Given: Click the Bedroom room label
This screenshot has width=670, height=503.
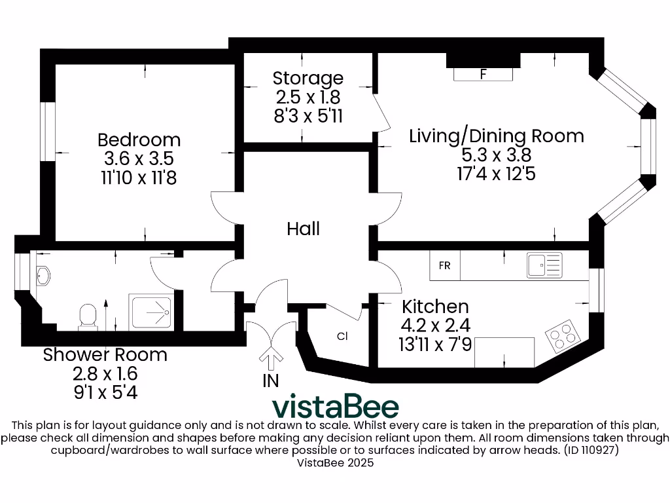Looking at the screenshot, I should [139, 140].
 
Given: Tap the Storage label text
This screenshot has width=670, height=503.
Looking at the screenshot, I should [308, 78].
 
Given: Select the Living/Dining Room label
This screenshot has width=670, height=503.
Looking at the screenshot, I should [496, 136].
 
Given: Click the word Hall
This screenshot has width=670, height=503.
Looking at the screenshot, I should [303, 229].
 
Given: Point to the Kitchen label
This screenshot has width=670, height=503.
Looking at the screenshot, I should [435, 307].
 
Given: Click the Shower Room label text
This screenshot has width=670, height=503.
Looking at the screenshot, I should [105, 355].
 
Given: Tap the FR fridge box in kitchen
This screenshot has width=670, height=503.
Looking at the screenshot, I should [444, 266].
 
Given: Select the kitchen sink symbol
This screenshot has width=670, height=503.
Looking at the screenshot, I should [544, 265].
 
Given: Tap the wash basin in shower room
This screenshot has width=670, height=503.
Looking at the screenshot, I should [43, 276].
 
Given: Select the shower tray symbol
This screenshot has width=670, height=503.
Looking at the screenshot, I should [151, 312].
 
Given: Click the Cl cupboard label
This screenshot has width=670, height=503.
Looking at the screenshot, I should [342, 337].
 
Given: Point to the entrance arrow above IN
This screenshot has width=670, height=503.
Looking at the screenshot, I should [270, 358].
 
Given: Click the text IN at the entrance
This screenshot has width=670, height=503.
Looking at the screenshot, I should [270, 381].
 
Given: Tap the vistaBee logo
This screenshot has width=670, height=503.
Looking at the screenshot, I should [335, 407].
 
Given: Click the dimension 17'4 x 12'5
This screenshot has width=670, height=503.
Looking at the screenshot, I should [496, 174].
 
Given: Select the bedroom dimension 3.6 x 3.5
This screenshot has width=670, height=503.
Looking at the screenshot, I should [139, 158].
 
